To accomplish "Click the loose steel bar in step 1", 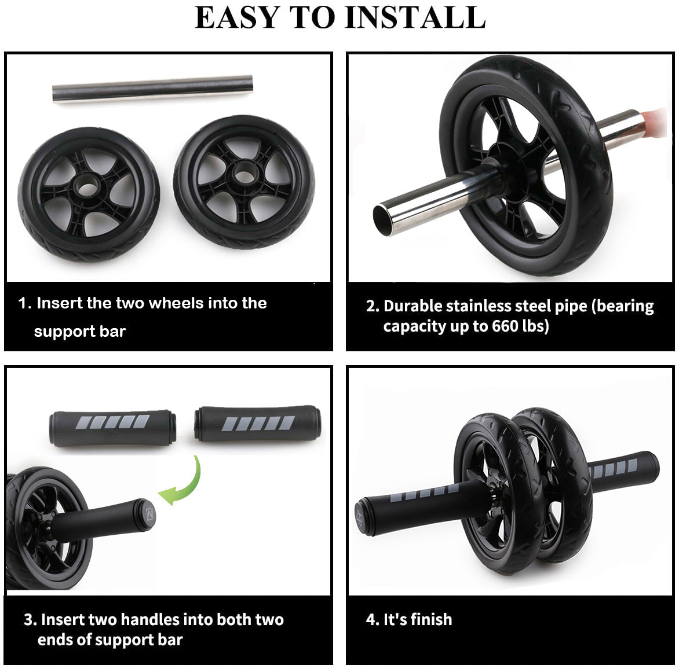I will point(152,89).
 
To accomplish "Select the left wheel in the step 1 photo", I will point(89,194).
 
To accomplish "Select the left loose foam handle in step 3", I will point(112,428).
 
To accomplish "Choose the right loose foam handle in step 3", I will point(257,424).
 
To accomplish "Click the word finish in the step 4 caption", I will point(429,620).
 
